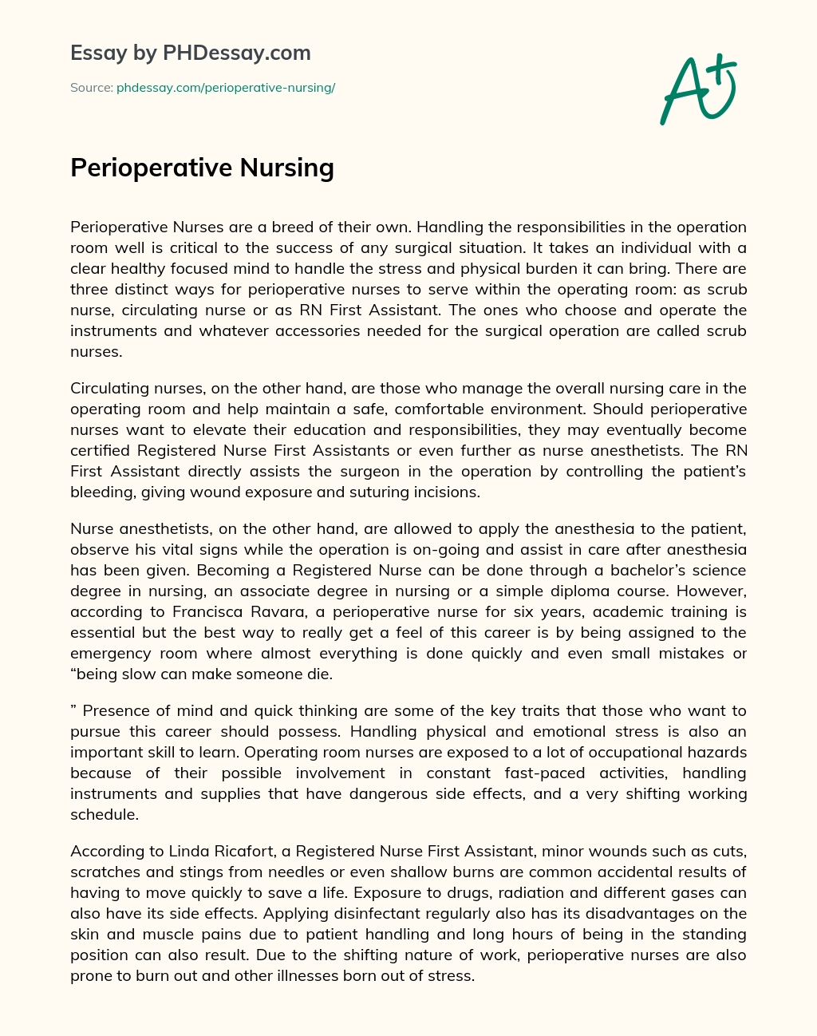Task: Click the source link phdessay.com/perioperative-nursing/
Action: point(226,88)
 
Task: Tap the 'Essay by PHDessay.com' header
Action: point(191,53)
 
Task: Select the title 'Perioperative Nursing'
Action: point(202,168)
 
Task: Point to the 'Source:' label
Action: point(91,88)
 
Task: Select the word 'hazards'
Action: point(717,752)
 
